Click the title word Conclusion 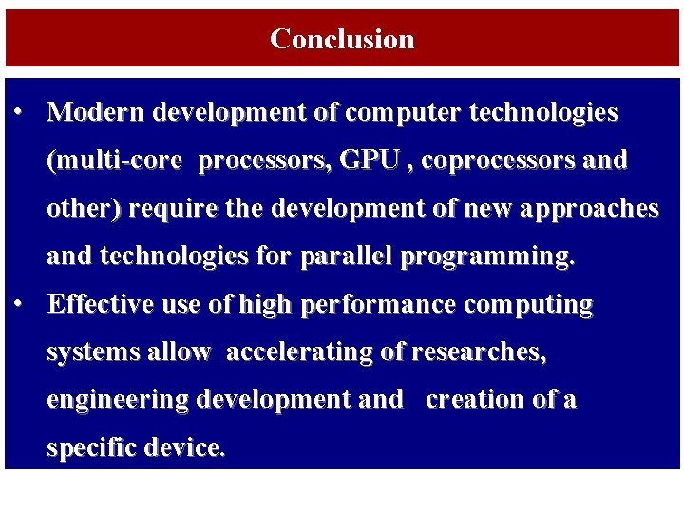342,39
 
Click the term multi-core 114,161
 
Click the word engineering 118,400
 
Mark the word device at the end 187,447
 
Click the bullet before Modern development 20,110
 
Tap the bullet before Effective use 20,302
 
